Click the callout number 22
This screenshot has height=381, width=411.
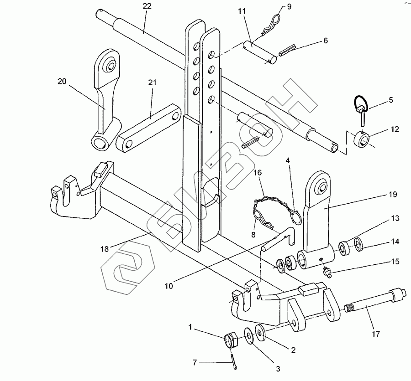pyautogui.click(x=147, y=6)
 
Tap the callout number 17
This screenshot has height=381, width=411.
pyautogui.click(x=376, y=334)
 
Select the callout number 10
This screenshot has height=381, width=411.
pyautogui.click(x=169, y=286)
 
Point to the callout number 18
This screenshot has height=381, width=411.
pyautogui.click(x=105, y=248)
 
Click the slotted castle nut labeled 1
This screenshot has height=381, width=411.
pyautogui.click(x=231, y=341)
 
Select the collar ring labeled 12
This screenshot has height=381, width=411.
pyautogui.click(x=362, y=139)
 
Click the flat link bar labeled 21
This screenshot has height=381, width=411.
pyautogui.click(x=148, y=127)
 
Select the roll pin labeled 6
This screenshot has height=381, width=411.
pyautogui.click(x=287, y=51)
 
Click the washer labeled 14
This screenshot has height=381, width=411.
pyautogui.click(x=358, y=244)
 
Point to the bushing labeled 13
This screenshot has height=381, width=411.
pyautogui.click(x=343, y=248)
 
